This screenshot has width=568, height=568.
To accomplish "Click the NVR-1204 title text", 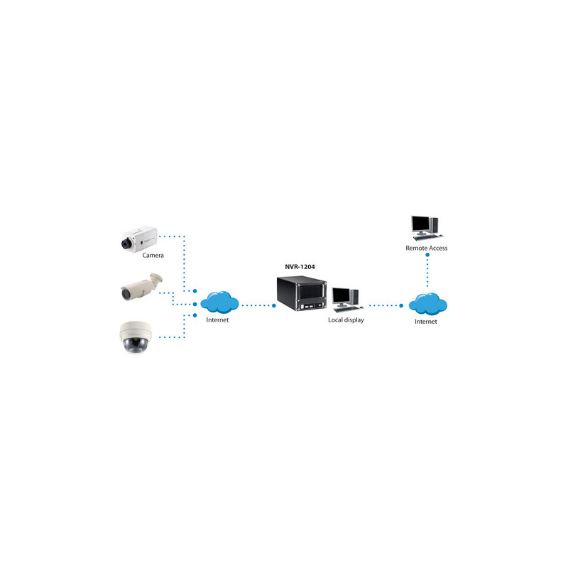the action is pyautogui.click(x=300, y=267).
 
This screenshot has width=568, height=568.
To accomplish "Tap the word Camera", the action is pyautogui.click(x=153, y=255).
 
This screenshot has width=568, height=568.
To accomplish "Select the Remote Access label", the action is pyautogui.click(x=427, y=248).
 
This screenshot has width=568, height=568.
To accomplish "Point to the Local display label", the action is pyautogui.click(x=346, y=320).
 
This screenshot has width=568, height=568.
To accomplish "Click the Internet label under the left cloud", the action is pyautogui.click(x=217, y=320).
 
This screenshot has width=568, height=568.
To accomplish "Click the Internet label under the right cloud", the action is pyautogui.click(x=425, y=322).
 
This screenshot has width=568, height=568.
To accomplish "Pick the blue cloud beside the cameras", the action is pyautogui.click(x=219, y=302).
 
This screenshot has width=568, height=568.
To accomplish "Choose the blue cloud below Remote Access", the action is pyautogui.click(x=428, y=304).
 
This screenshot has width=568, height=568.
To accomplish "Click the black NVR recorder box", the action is pyautogui.click(x=302, y=293).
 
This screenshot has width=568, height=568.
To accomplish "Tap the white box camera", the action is pyautogui.click(x=139, y=239).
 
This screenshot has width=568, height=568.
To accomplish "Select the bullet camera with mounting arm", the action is pyautogui.click(x=141, y=287).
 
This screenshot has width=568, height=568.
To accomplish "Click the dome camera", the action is pyautogui.click(x=136, y=337).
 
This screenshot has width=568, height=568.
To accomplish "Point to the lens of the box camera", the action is pyautogui.click(x=126, y=244).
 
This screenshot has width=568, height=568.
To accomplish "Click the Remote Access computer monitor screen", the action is pyautogui.click(x=420, y=224).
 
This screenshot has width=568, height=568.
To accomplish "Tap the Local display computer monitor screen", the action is pyautogui.click(x=341, y=295).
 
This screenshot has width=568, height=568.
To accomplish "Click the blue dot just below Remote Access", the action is pyautogui.click(x=427, y=255).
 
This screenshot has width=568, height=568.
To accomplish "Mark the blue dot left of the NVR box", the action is pyautogui.click(x=274, y=306).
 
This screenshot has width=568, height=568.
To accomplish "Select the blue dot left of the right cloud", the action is pyautogui.click(x=401, y=306).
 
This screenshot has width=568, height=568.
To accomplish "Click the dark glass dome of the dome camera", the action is pyautogui.click(x=135, y=346).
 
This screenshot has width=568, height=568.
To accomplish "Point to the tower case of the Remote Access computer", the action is pyautogui.click(x=434, y=225).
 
